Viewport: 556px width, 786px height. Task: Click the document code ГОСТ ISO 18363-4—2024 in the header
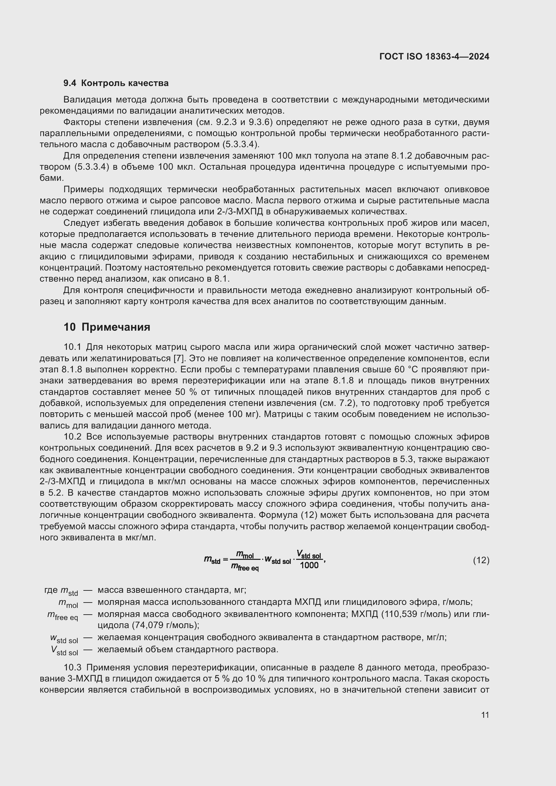click(x=434, y=56)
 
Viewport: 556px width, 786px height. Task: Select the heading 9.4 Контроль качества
click(x=116, y=83)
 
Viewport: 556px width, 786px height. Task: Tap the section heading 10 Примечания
click(x=107, y=327)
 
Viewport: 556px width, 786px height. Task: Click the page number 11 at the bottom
click(x=485, y=715)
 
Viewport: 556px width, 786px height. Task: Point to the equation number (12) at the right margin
click(x=481, y=561)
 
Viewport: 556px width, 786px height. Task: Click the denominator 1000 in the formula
click(x=309, y=565)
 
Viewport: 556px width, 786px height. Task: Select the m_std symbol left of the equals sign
click(x=212, y=560)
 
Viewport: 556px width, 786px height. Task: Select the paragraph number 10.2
click(x=73, y=437)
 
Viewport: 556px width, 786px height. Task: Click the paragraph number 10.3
click(x=73, y=668)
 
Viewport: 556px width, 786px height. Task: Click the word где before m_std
click(x=51, y=590)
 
